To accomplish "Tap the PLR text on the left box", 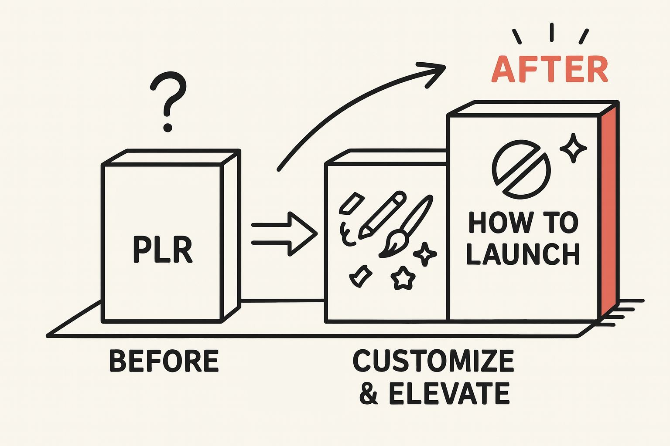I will point(162,250).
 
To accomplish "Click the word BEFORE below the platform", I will point(164,361).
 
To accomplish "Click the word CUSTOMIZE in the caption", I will point(433,361).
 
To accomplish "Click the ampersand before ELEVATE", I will point(369,393).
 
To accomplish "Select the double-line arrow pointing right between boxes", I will point(284,233).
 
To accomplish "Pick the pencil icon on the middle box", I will point(381,215).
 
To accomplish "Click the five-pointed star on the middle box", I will point(403,278).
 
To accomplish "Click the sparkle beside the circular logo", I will point(572,148).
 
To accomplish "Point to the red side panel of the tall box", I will point(608,209).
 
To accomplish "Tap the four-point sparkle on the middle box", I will point(425,253).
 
